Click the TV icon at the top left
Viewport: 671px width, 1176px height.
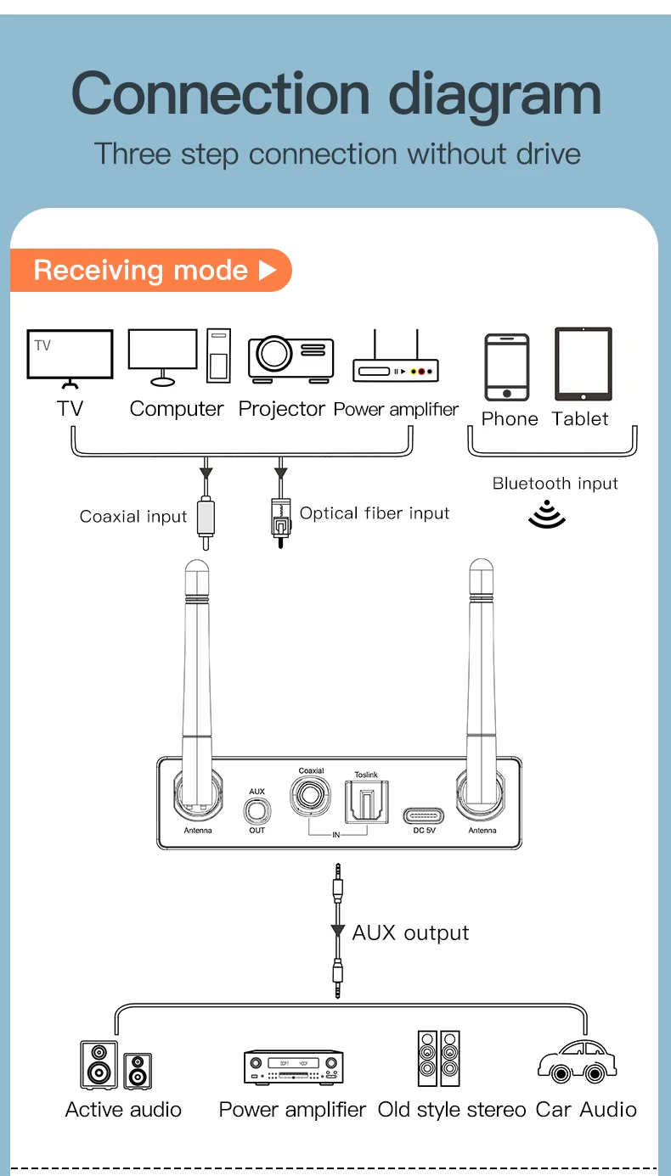click(70, 355)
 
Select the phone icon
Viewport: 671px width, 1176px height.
click(507, 367)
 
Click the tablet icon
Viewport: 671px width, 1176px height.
click(583, 364)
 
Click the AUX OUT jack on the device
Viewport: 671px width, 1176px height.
click(257, 811)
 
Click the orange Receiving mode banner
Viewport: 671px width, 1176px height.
click(151, 271)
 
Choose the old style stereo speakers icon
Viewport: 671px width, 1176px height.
click(438, 1058)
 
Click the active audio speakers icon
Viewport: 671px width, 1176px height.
click(116, 1065)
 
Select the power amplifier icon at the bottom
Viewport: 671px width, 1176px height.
click(293, 1067)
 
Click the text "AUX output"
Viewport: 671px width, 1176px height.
click(410, 932)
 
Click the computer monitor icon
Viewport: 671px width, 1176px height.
click(163, 355)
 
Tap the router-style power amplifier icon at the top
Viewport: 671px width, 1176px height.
click(395, 361)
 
